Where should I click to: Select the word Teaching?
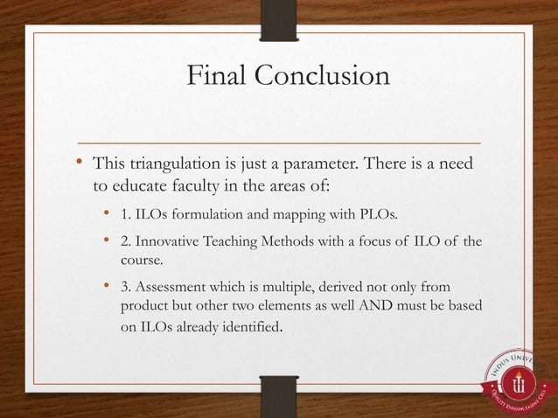238,242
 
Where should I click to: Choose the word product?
145,308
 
